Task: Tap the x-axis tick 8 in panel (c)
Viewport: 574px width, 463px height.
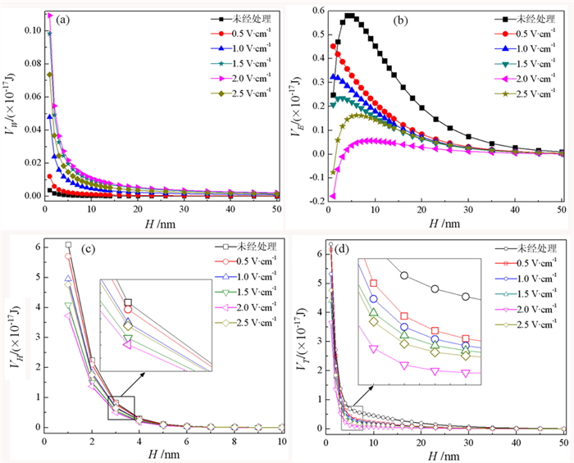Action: [235, 443]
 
